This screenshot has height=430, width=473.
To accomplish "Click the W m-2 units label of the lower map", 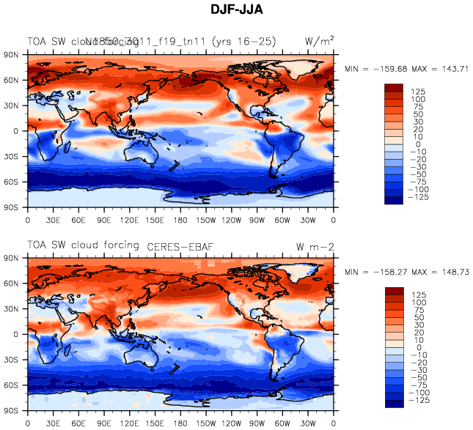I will [x=315, y=245].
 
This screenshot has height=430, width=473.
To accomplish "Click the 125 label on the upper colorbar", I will [x=418, y=91].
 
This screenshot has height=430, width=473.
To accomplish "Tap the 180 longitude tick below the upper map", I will [x=181, y=220].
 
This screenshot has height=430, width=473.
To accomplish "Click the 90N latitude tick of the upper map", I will [x=14, y=55].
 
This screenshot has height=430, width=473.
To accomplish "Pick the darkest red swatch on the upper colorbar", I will [x=394, y=86].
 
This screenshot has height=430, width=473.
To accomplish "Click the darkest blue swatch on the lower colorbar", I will [x=394, y=402].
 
